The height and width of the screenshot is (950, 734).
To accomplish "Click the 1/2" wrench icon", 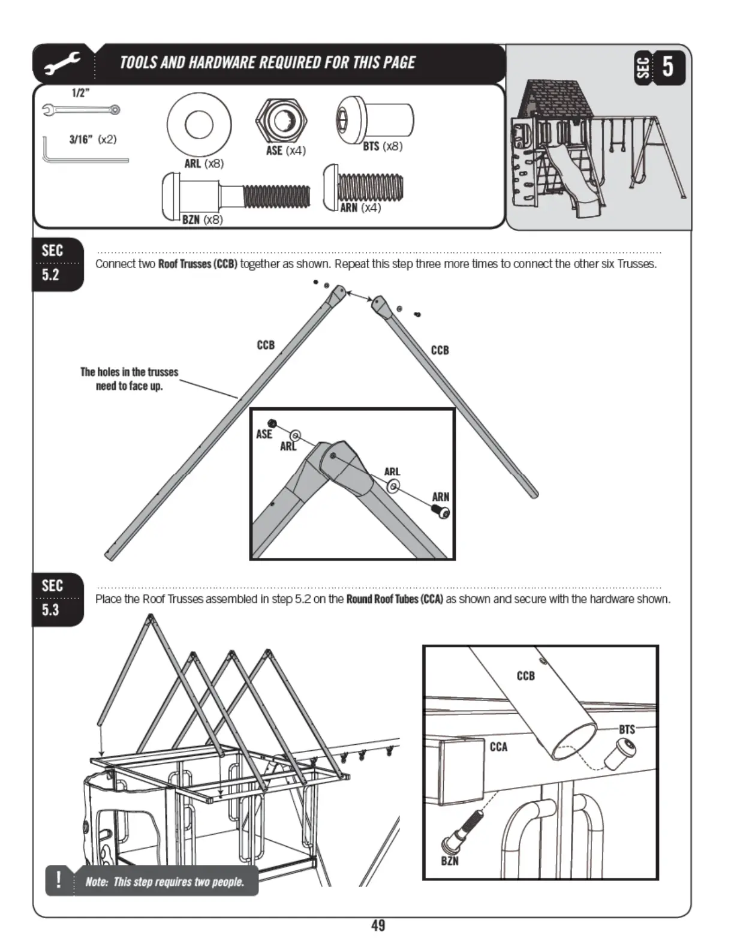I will tap(81, 110).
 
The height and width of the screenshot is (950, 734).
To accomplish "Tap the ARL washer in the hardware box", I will tap(199, 125).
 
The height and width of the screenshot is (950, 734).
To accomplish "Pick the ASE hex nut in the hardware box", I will tap(281, 120).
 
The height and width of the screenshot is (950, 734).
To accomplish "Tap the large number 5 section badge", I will tap(667, 65).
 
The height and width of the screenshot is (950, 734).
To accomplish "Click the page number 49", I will tap(378, 925).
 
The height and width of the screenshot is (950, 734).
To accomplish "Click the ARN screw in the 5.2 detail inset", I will tap(441, 512).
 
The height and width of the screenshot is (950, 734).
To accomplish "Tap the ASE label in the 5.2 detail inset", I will tap(264, 434).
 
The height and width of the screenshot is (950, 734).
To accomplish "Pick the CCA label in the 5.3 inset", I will tap(498, 747).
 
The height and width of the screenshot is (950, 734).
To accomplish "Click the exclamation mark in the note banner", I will tap(58, 880).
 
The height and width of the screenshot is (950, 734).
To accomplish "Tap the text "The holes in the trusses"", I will tap(129, 372).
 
